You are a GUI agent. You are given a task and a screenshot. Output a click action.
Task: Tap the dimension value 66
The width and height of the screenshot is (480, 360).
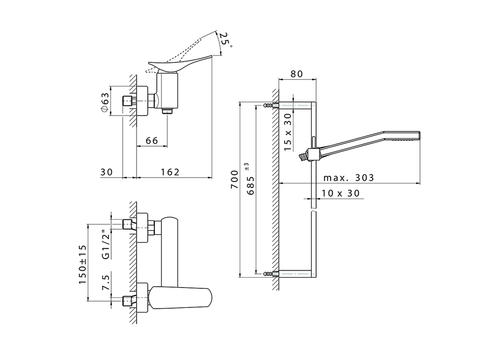point(151,141)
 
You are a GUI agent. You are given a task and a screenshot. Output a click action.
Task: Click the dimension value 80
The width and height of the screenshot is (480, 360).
point(297,74)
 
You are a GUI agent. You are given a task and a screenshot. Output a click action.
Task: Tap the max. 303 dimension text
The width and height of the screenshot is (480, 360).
point(349,177)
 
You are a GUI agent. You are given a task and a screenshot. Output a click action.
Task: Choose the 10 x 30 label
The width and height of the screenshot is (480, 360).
point(340,193)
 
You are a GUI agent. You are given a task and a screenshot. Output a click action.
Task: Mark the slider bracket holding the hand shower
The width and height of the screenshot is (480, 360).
point(312,153)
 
